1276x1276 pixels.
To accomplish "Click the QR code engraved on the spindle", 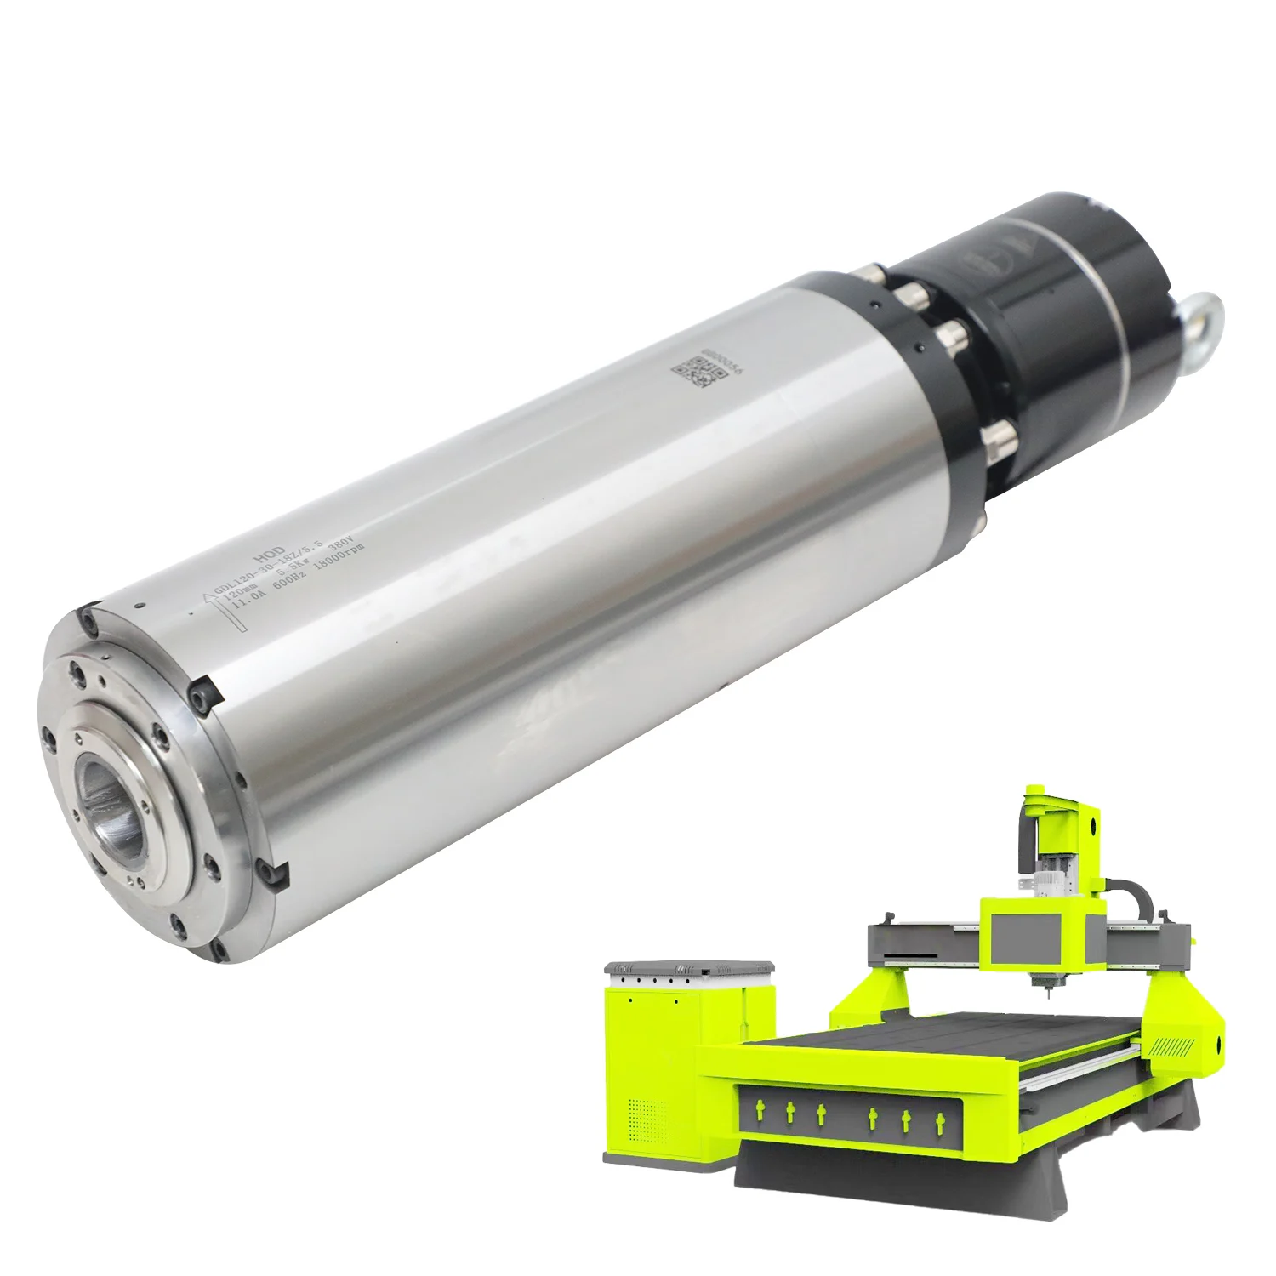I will tap(694, 373).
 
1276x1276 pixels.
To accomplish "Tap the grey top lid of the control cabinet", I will tap(689, 968).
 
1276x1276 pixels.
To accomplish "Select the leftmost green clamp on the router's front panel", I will tap(758, 1109).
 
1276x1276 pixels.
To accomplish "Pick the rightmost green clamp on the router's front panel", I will tap(939, 1121).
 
